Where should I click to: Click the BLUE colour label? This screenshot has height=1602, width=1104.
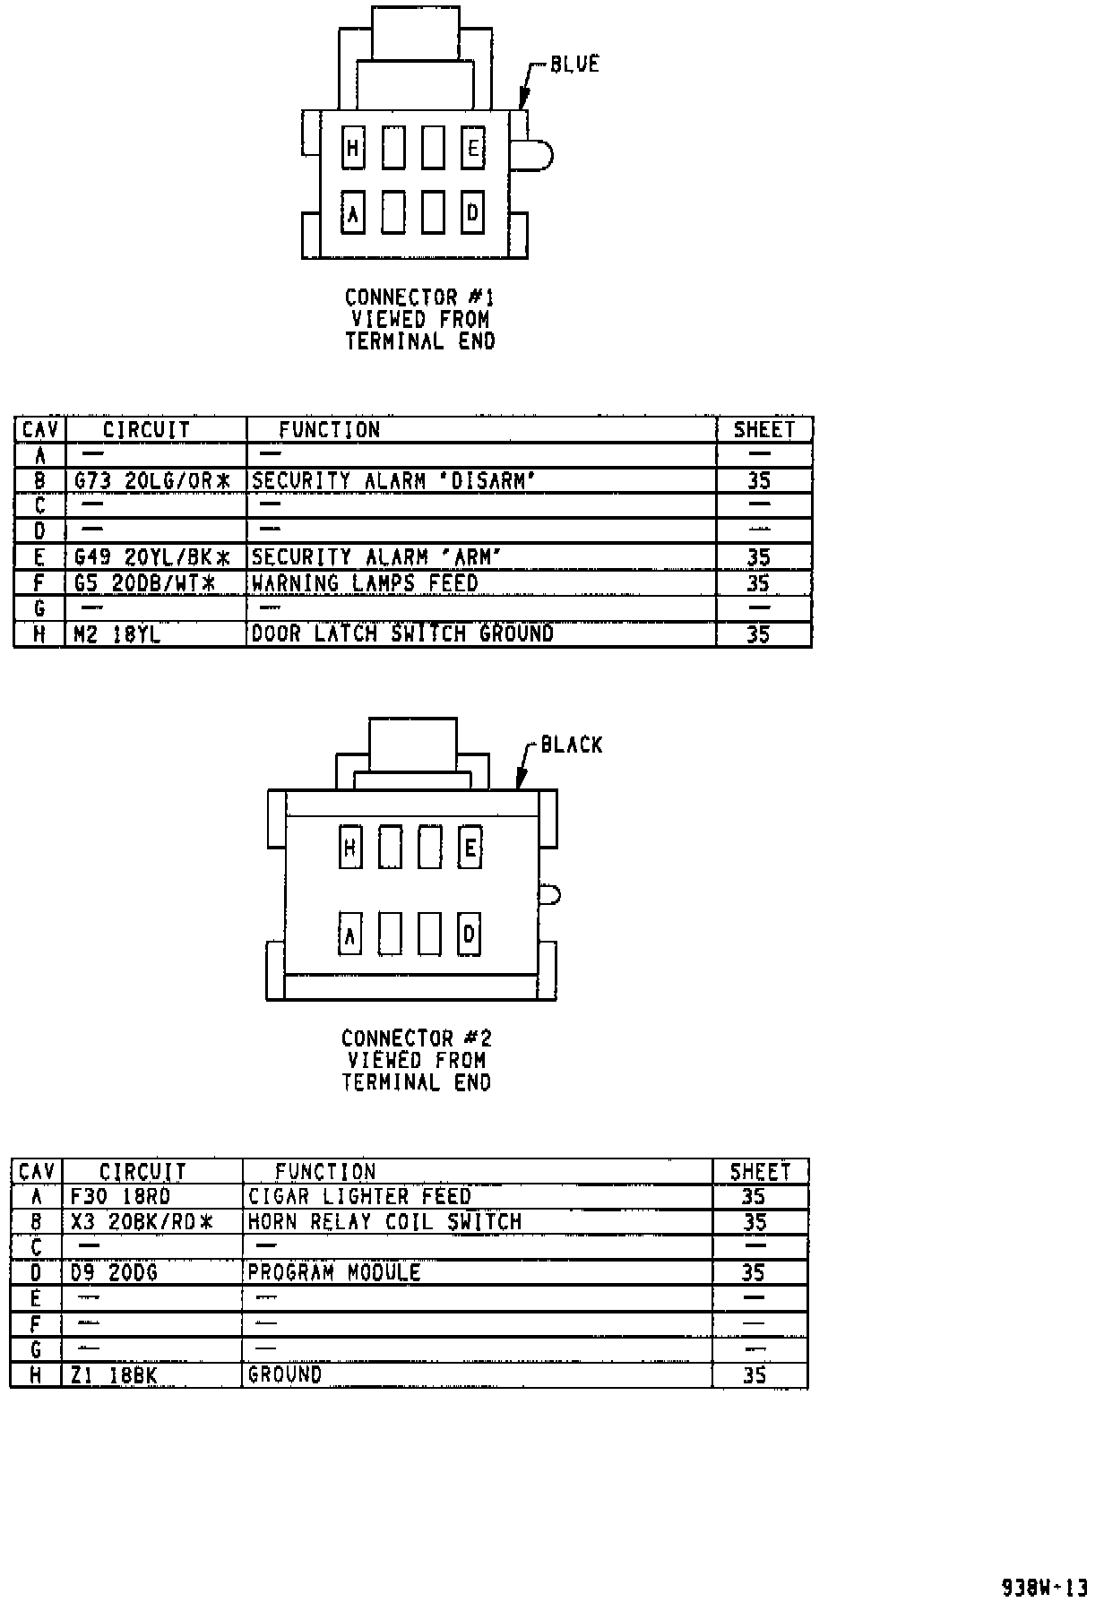(574, 65)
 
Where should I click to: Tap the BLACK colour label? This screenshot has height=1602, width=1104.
(572, 745)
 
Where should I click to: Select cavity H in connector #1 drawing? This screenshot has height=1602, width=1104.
(353, 148)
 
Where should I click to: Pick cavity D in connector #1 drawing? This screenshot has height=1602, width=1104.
(472, 213)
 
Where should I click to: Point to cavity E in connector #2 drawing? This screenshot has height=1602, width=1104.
(470, 847)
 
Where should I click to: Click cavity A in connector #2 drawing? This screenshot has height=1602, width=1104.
(349, 935)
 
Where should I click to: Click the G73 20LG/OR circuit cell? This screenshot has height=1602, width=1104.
(152, 481)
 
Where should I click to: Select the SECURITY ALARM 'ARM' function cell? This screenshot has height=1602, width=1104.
(376, 557)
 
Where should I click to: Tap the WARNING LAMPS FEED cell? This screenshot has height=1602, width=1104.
(365, 583)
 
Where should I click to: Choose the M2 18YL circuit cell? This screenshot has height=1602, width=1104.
(117, 634)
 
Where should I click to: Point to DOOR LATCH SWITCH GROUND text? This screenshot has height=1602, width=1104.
(402, 634)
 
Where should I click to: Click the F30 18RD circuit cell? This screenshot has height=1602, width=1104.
(121, 1197)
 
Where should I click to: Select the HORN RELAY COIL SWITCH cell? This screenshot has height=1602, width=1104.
(384, 1222)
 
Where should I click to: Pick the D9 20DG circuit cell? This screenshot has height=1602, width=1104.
(114, 1272)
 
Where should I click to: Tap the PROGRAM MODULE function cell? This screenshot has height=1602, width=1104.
(334, 1272)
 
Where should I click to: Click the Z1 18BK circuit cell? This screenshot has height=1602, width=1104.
(114, 1375)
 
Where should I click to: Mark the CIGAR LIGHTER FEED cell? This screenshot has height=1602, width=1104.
(359, 1197)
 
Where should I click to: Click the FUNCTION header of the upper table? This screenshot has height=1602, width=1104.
(329, 430)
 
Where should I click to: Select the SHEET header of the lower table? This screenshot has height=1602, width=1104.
(760, 1172)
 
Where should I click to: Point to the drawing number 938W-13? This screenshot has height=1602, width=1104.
(1044, 1587)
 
